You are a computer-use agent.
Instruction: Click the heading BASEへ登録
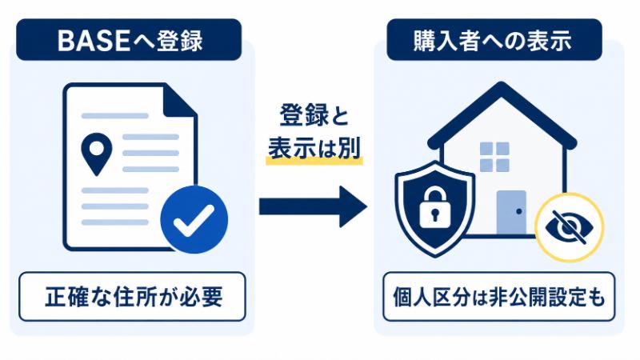pyautogui.click(x=130, y=41)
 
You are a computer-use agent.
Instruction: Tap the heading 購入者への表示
pyautogui.click(x=493, y=41)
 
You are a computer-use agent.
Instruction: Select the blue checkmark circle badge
pyautogui.click(x=194, y=219)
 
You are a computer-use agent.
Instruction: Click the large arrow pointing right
pyautogui.click(x=313, y=206)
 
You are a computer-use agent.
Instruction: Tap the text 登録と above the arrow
pyautogui.click(x=314, y=115)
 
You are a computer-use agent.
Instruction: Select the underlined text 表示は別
pyautogui.click(x=314, y=147)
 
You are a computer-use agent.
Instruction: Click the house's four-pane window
pyautogui.click(x=494, y=157)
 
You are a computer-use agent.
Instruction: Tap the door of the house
pyautogui.click(x=511, y=212)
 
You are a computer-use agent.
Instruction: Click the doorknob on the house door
pyautogui.click(x=518, y=211)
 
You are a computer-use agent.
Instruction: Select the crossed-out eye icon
pyautogui.click(x=569, y=227)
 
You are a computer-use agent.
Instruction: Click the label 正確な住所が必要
pyautogui.click(x=134, y=297)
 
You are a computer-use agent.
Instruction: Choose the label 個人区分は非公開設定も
pyautogui.click(x=498, y=297)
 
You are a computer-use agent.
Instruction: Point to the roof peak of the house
pyautogui.click(x=502, y=85)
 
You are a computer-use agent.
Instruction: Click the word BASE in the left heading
pyautogui.click(x=94, y=41)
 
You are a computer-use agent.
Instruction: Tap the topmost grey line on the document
pyautogui.click(x=115, y=116)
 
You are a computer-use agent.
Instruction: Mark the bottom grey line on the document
pyautogui.click(x=115, y=222)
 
